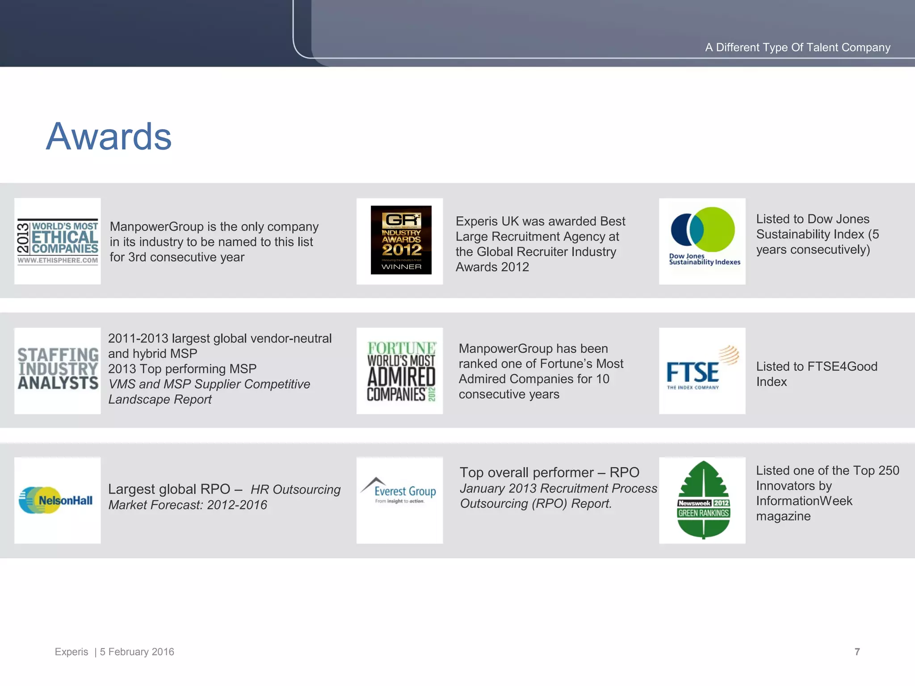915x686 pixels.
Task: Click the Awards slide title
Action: click(x=109, y=137)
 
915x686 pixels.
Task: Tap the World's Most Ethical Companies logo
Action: click(x=58, y=242)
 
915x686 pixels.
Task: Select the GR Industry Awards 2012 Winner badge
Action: click(x=401, y=240)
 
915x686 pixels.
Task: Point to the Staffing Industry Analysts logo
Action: click(x=58, y=370)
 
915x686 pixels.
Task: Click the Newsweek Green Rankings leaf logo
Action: click(x=703, y=500)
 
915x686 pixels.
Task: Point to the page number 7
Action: click(x=857, y=652)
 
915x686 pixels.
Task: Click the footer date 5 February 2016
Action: click(x=137, y=652)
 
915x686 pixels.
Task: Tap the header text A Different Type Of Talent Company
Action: click(x=797, y=47)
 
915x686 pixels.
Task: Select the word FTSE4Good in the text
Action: click(x=842, y=367)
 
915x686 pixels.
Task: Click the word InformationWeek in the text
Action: click(x=804, y=501)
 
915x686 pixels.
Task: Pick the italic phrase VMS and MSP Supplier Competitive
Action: click(x=209, y=384)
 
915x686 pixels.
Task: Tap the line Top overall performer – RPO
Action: click(x=549, y=473)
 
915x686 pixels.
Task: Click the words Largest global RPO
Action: click(x=169, y=489)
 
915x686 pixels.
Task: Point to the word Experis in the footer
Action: click(x=71, y=652)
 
